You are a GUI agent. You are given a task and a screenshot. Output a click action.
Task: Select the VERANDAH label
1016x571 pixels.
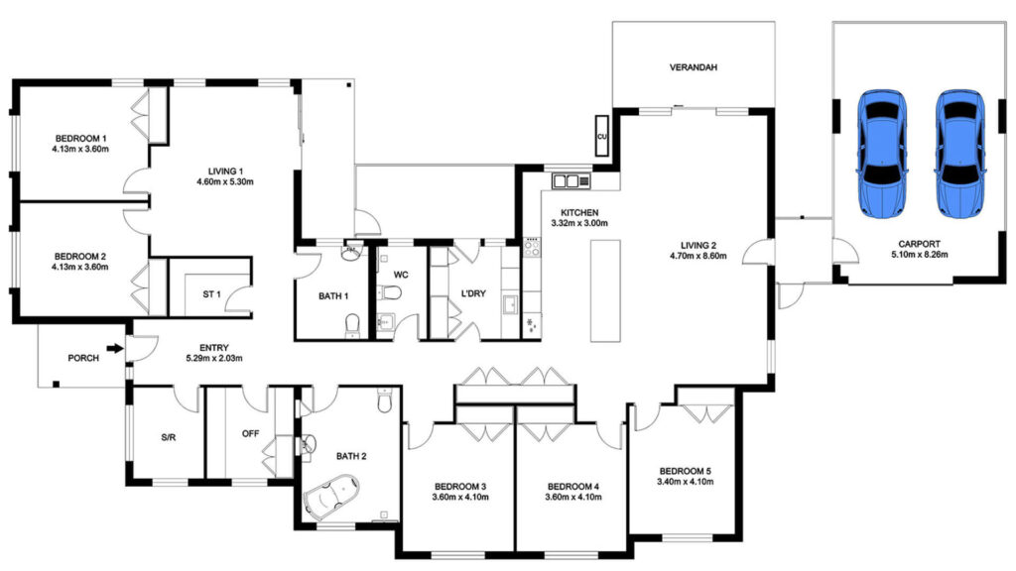tap(694, 68)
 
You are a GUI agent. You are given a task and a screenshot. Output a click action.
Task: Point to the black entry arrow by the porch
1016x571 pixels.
tap(116, 348)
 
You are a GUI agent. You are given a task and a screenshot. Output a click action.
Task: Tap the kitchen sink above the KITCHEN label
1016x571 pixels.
tap(571, 180)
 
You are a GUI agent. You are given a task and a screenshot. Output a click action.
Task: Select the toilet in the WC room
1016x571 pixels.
tap(392, 293)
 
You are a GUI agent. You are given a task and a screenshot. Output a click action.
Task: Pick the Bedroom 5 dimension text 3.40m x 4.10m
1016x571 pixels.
tap(685, 483)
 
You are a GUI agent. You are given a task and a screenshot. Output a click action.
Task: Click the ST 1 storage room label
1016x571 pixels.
tap(210, 294)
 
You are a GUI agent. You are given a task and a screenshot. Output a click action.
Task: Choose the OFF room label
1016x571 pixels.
tap(251, 433)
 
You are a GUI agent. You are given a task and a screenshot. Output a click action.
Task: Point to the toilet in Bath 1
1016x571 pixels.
tap(350, 324)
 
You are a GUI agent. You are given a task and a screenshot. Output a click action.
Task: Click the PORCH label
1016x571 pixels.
tap(82, 358)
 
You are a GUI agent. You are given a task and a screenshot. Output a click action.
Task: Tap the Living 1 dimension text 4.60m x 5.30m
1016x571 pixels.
tap(225, 181)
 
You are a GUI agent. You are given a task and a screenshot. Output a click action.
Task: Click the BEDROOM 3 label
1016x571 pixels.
tap(459, 487)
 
